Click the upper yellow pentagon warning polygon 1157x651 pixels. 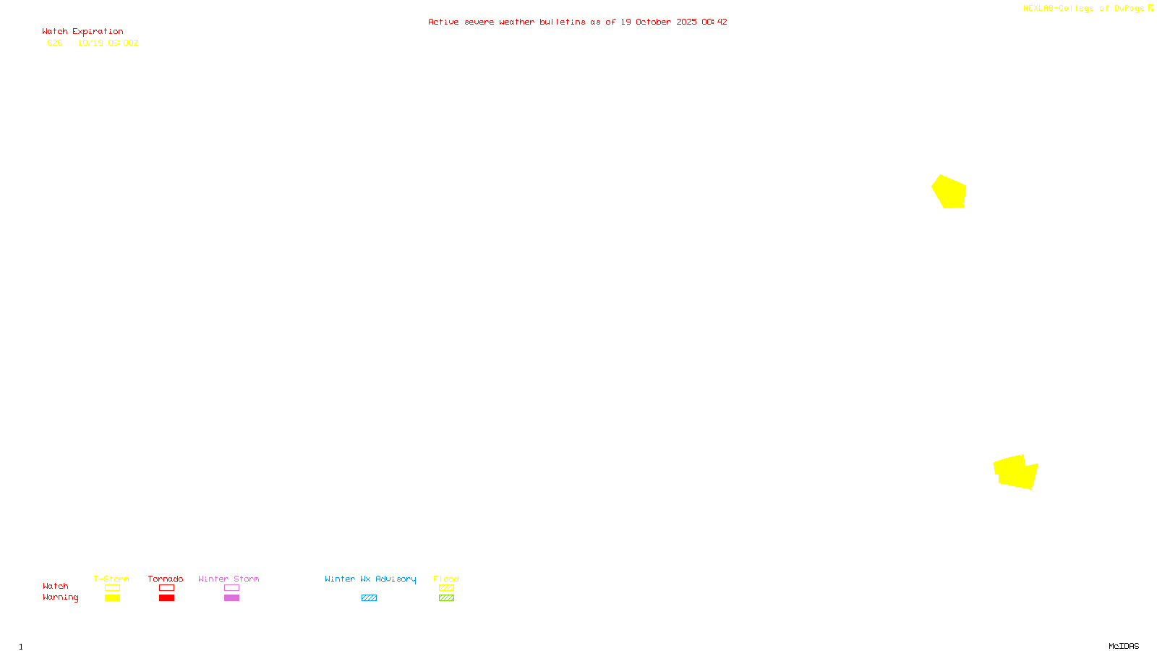coord(949,192)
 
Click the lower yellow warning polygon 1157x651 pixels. coord(1016,472)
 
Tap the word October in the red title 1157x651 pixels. coord(653,22)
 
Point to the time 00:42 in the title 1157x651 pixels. coord(714,22)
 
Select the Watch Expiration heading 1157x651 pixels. coord(82,32)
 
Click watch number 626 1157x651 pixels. coord(55,43)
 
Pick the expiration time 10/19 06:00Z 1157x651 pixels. coord(108,43)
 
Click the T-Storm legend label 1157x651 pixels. coord(111,579)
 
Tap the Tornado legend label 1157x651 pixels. coord(166,579)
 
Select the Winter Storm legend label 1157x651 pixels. coord(229,579)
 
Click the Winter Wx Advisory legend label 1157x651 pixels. coord(370,579)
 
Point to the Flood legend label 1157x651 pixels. coord(446,579)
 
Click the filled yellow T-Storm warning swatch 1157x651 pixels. coord(112,598)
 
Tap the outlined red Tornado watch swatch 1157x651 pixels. coord(166,588)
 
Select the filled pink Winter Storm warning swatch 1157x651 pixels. coord(231,598)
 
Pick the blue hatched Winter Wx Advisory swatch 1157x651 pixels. coord(369,598)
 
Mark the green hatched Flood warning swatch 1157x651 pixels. coord(446,598)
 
